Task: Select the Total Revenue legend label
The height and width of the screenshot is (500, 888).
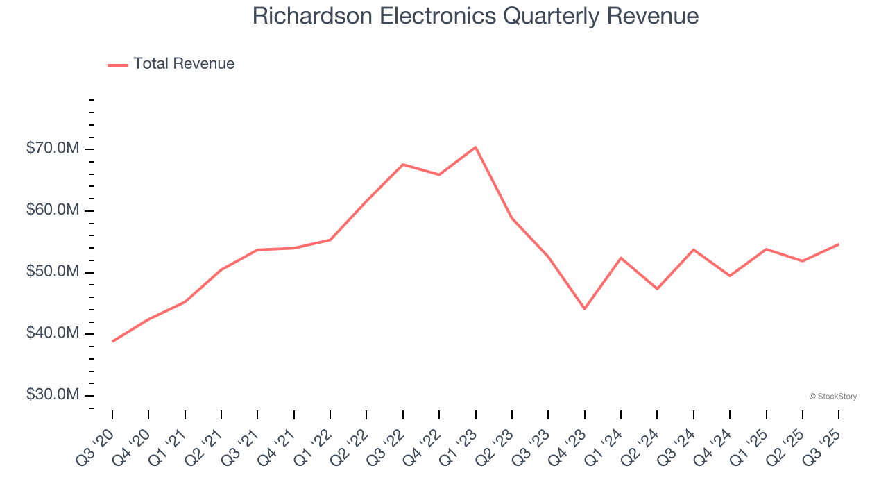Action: pyautogui.click(x=184, y=64)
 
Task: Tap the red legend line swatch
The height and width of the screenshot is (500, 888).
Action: pyautogui.click(x=118, y=65)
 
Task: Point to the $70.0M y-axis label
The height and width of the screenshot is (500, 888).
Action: pyautogui.click(x=53, y=149)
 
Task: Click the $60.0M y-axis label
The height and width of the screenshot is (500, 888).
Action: pyautogui.click(x=53, y=210)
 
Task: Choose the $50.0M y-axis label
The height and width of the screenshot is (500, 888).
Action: pyautogui.click(x=53, y=272)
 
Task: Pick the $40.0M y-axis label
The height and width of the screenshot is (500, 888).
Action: pyautogui.click(x=53, y=333)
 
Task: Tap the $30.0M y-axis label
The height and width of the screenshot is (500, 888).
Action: pyautogui.click(x=53, y=394)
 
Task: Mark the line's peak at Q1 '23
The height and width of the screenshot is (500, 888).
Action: pyautogui.click(x=476, y=147)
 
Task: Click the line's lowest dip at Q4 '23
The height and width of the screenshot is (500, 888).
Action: pyautogui.click(x=585, y=308)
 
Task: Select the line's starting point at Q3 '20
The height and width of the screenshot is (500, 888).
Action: pyautogui.click(x=112, y=341)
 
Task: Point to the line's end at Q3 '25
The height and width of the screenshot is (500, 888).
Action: pyautogui.click(x=839, y=244)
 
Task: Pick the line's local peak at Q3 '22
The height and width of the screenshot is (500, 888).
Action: pyautogui.click(x=403, y=165)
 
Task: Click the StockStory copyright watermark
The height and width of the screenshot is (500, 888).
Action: pyautogui.click(x=832, y=397)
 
